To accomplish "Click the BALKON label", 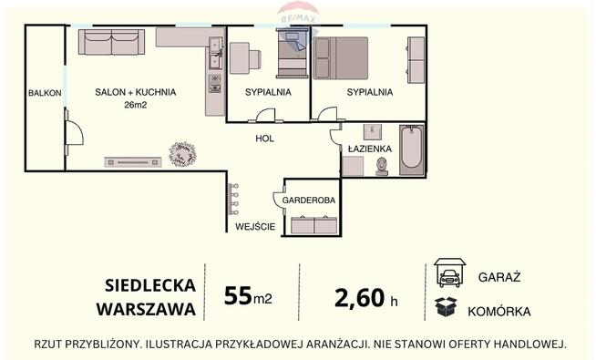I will pos(45,93).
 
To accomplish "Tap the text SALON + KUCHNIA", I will pos(136,92).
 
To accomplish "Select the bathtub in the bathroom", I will pos(411,149).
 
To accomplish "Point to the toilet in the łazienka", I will pos(381,166).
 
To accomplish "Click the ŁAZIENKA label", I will pos(369,147).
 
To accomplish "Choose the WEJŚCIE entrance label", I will pos(255,226).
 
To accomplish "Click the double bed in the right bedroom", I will pos(341,60).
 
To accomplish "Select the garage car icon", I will pos(447,273).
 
